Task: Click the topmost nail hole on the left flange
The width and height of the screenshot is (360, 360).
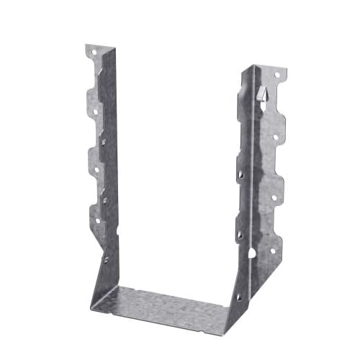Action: coord(94,53)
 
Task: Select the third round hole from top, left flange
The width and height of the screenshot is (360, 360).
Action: coord(96,170)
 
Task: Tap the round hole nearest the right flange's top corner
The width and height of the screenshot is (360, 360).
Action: coord(277,75)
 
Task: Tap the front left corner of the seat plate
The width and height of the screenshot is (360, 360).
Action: coord(91,300)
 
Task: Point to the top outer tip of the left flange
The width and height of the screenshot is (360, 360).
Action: coord(86,46)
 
